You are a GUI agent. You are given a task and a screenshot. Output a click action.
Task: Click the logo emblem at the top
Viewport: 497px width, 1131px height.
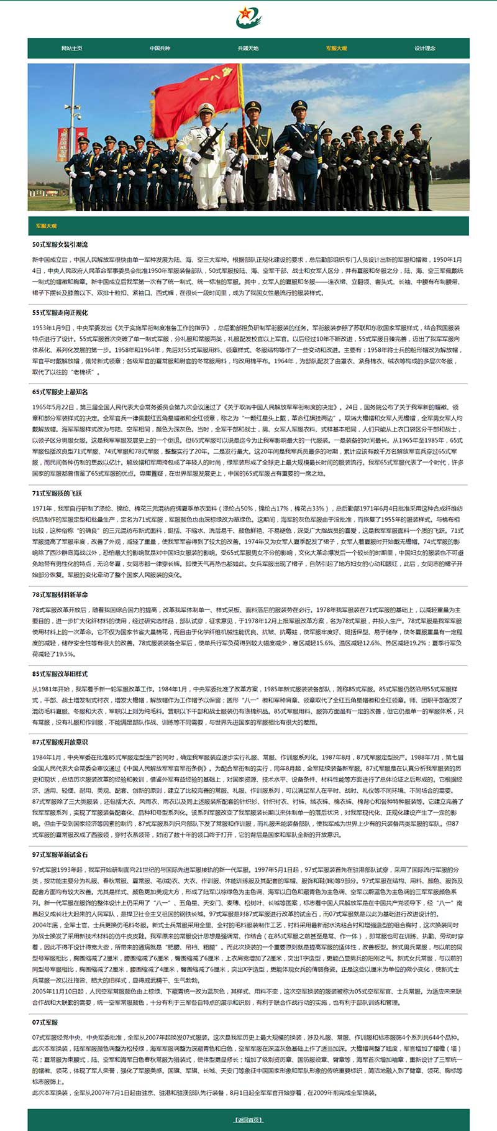[248, 17]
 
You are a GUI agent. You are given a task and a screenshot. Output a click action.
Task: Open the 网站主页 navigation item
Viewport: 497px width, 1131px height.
[71, 48]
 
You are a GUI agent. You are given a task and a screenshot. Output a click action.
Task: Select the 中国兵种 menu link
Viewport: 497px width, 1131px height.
[160, 48]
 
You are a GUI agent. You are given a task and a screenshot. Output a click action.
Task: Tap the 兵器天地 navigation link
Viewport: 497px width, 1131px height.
[248, 48]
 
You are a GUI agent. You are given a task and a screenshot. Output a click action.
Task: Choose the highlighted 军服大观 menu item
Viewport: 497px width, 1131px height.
[336, 48]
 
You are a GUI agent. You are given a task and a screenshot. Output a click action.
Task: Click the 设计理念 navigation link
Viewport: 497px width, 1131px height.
[425, 48]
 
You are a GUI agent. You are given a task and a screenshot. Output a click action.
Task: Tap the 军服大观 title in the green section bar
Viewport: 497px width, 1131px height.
[46, 226]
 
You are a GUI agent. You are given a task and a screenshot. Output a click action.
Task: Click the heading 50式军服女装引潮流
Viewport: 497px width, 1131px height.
[60, 244]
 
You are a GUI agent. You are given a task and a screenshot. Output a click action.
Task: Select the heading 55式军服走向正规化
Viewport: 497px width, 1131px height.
[60, 313]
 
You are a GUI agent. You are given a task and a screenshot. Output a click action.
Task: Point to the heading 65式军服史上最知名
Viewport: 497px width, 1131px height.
[60, 392]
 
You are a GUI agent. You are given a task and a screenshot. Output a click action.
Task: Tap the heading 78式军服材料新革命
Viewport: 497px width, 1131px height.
[60, 595]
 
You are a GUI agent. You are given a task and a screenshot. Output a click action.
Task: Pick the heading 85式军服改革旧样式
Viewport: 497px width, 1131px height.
[60, 674]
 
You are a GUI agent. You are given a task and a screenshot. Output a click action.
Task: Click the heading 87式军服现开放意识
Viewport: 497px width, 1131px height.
[60, 742]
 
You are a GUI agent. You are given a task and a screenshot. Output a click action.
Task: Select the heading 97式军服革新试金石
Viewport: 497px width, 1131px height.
[60, 855]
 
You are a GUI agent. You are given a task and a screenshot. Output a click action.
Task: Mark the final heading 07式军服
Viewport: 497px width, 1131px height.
[45, 1022]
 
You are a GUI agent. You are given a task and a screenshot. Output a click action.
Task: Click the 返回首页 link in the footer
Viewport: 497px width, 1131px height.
[248, 1120]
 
